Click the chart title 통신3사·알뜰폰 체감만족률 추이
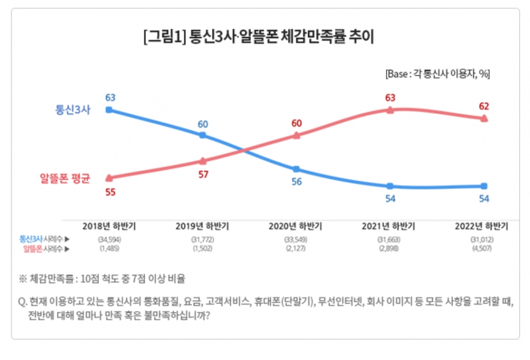pos(259,38)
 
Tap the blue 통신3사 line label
pos(72,109)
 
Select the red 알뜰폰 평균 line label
pos(65,178)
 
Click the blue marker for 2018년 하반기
pos(109,110)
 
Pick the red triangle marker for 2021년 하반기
pos(390,110)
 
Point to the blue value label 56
pos(296,182)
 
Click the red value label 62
pos(484,106)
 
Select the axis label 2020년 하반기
pos(295,226)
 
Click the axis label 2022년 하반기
pos(481,226)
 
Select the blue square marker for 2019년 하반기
pos(203,135)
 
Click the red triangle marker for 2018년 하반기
pos(109,177)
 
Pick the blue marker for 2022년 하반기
pos(484,186)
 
